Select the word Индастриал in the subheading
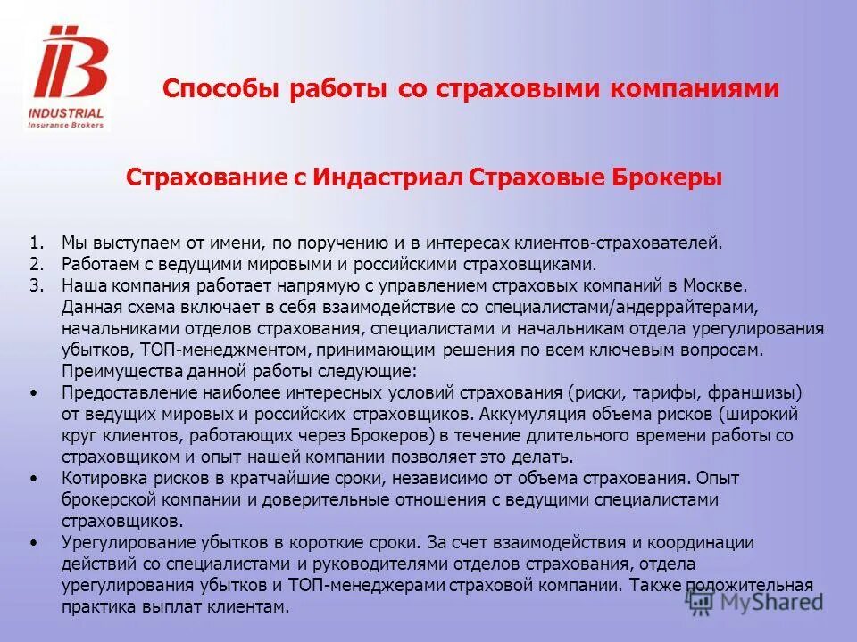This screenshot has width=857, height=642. click(386, 177)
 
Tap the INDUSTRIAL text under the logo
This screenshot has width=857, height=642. click(66, 113)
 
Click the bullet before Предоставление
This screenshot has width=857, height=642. click(34, 393)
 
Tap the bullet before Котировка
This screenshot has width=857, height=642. click(34, 479)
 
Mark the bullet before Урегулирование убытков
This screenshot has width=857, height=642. click(34, 543)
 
